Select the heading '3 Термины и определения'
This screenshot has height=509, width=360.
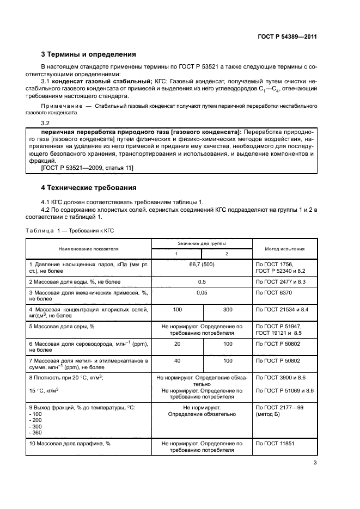point(89,54)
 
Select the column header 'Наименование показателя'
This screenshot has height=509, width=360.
point(89,249)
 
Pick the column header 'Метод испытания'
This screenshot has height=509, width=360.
point(285,249)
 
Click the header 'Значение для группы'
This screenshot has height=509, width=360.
point(202,243)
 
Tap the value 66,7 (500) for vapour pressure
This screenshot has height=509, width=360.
point(202,264)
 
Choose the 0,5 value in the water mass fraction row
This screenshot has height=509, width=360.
point(202,281)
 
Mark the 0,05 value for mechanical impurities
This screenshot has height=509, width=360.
point(202,292)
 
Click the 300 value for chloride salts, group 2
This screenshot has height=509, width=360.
point(228,309)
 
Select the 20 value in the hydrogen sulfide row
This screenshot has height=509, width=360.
point(177,344)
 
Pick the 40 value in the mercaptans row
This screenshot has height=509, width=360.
point(177,360)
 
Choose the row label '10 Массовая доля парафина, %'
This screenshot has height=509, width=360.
point(70,443)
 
